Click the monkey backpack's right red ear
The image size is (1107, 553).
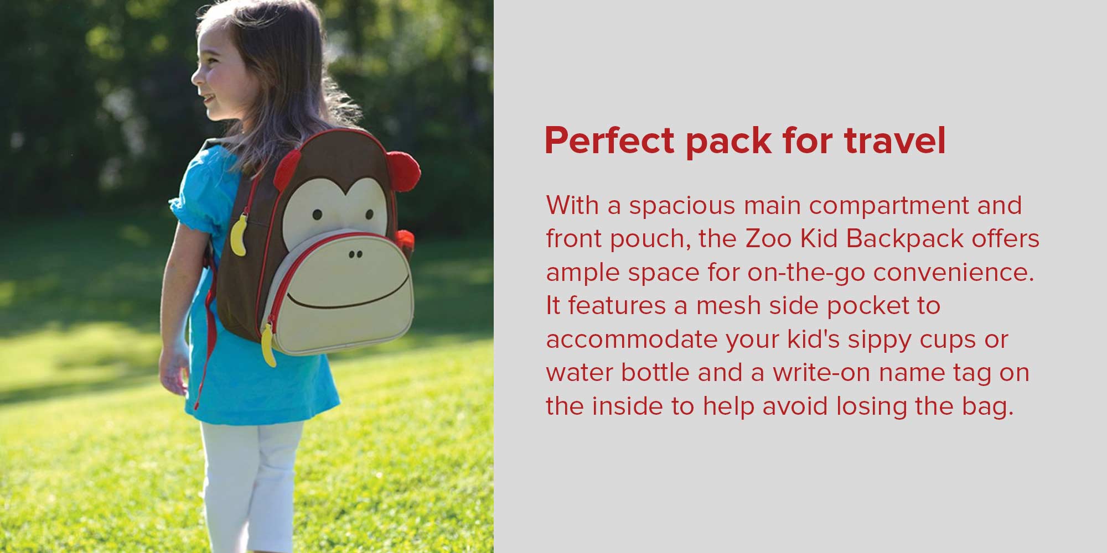point(403,170)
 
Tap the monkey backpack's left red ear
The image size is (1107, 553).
point(286,168)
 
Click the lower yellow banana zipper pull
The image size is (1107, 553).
point(268,345)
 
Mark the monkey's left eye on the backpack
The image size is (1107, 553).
point(317,215)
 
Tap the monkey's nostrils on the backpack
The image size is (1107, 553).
point(355,255)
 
